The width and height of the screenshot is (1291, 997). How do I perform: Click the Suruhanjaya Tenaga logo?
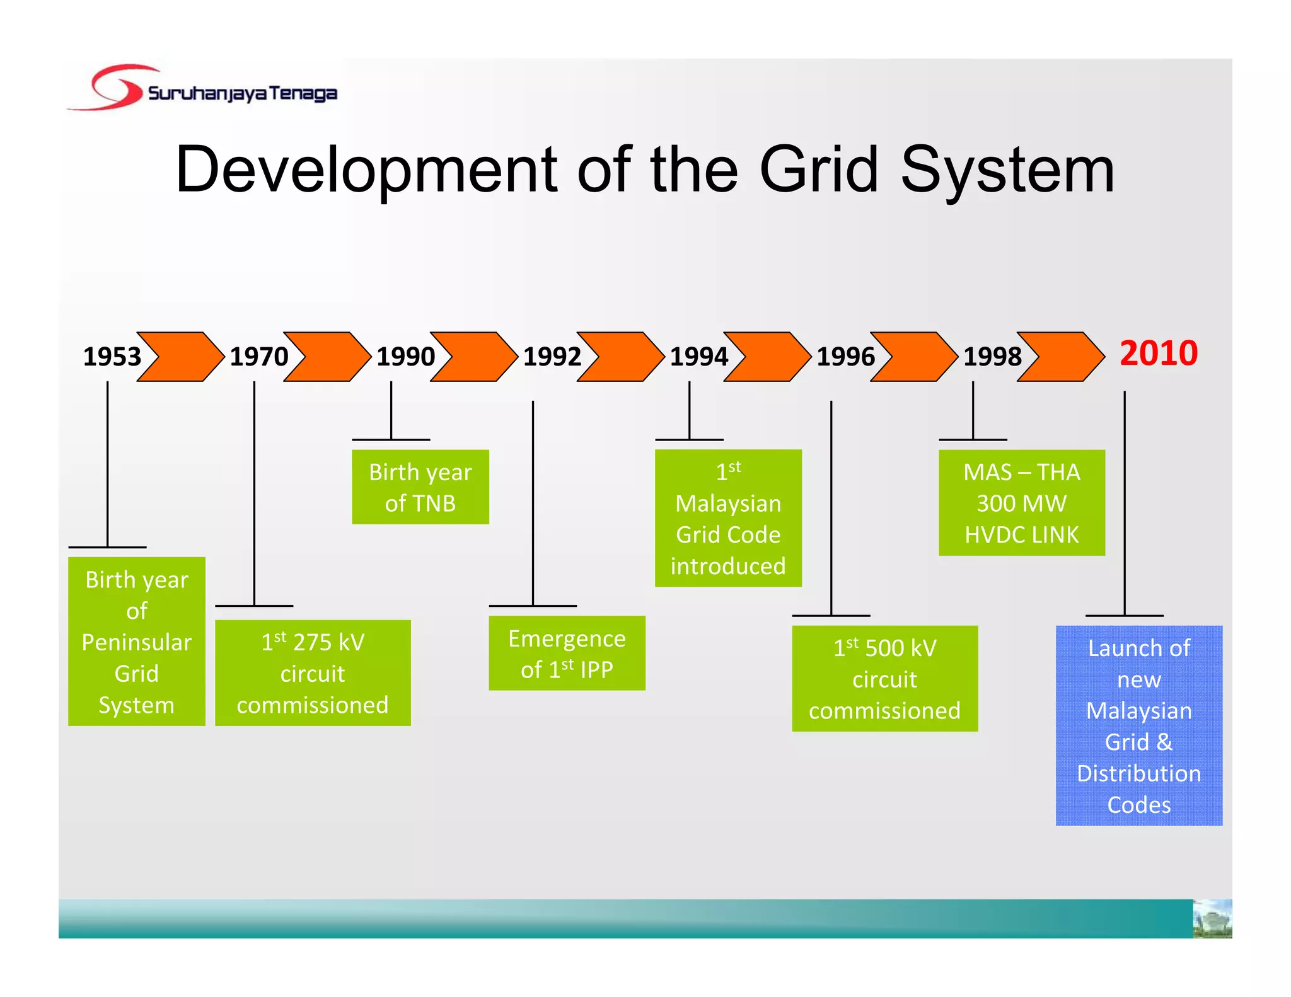[202, 89]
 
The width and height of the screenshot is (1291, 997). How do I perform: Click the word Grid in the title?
[819, 169]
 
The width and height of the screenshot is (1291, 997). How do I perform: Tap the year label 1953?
[112, 357]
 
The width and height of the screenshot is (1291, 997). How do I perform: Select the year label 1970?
[258, 357]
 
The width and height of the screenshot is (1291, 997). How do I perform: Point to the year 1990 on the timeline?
[405, 357]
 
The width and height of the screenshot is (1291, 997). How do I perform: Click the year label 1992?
[552, 357]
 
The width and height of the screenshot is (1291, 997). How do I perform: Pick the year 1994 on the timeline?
[698, 357]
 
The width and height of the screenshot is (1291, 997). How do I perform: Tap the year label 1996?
[845, 357]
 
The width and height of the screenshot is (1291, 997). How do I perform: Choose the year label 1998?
[992, 357]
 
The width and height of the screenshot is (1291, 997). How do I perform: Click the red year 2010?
[1158, 353]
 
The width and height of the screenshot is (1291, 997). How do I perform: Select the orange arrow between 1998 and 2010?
[1061, 357]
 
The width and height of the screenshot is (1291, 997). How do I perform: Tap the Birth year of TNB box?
[420, 487]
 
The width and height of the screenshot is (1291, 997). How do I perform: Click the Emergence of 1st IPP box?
[567, 653]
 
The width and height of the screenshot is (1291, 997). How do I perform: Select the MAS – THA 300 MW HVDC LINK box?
[1021, 502]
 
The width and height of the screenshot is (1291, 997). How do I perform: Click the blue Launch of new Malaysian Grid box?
[1138, 725]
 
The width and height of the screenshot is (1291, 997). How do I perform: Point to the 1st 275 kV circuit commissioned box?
[313, 672]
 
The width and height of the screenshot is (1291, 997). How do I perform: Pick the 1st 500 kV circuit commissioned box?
[884, 678]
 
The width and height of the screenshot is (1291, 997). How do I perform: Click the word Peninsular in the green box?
[137, 642]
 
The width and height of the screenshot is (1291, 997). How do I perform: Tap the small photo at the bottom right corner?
[1212, 919]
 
